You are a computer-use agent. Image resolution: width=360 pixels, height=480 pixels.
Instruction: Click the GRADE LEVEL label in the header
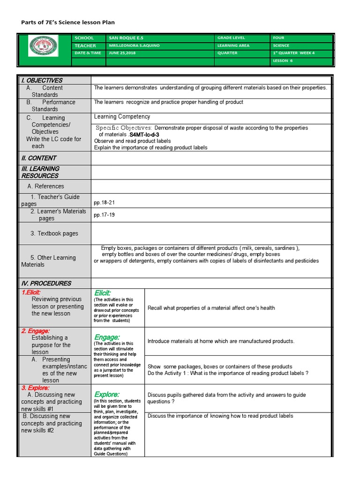coord(231,38)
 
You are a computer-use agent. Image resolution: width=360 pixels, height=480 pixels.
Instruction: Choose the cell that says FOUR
coord(278,38)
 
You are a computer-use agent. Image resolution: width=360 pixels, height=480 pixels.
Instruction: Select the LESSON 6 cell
coord(283,60)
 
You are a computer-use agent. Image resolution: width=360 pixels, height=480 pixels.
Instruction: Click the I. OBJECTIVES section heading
coord(42,80)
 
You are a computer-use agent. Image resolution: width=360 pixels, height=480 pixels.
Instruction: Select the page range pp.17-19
coord(104,215)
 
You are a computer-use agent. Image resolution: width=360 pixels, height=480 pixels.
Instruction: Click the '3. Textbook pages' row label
coord(54,233)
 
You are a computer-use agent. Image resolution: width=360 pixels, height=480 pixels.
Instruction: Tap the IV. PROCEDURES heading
coord(46,283)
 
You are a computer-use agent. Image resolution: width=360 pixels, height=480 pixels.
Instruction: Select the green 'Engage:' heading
coord(107,337)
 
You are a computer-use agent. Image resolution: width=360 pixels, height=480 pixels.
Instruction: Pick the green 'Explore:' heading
coord(107,394)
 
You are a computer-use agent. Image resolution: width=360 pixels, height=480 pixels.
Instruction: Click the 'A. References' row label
coord(45,186)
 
